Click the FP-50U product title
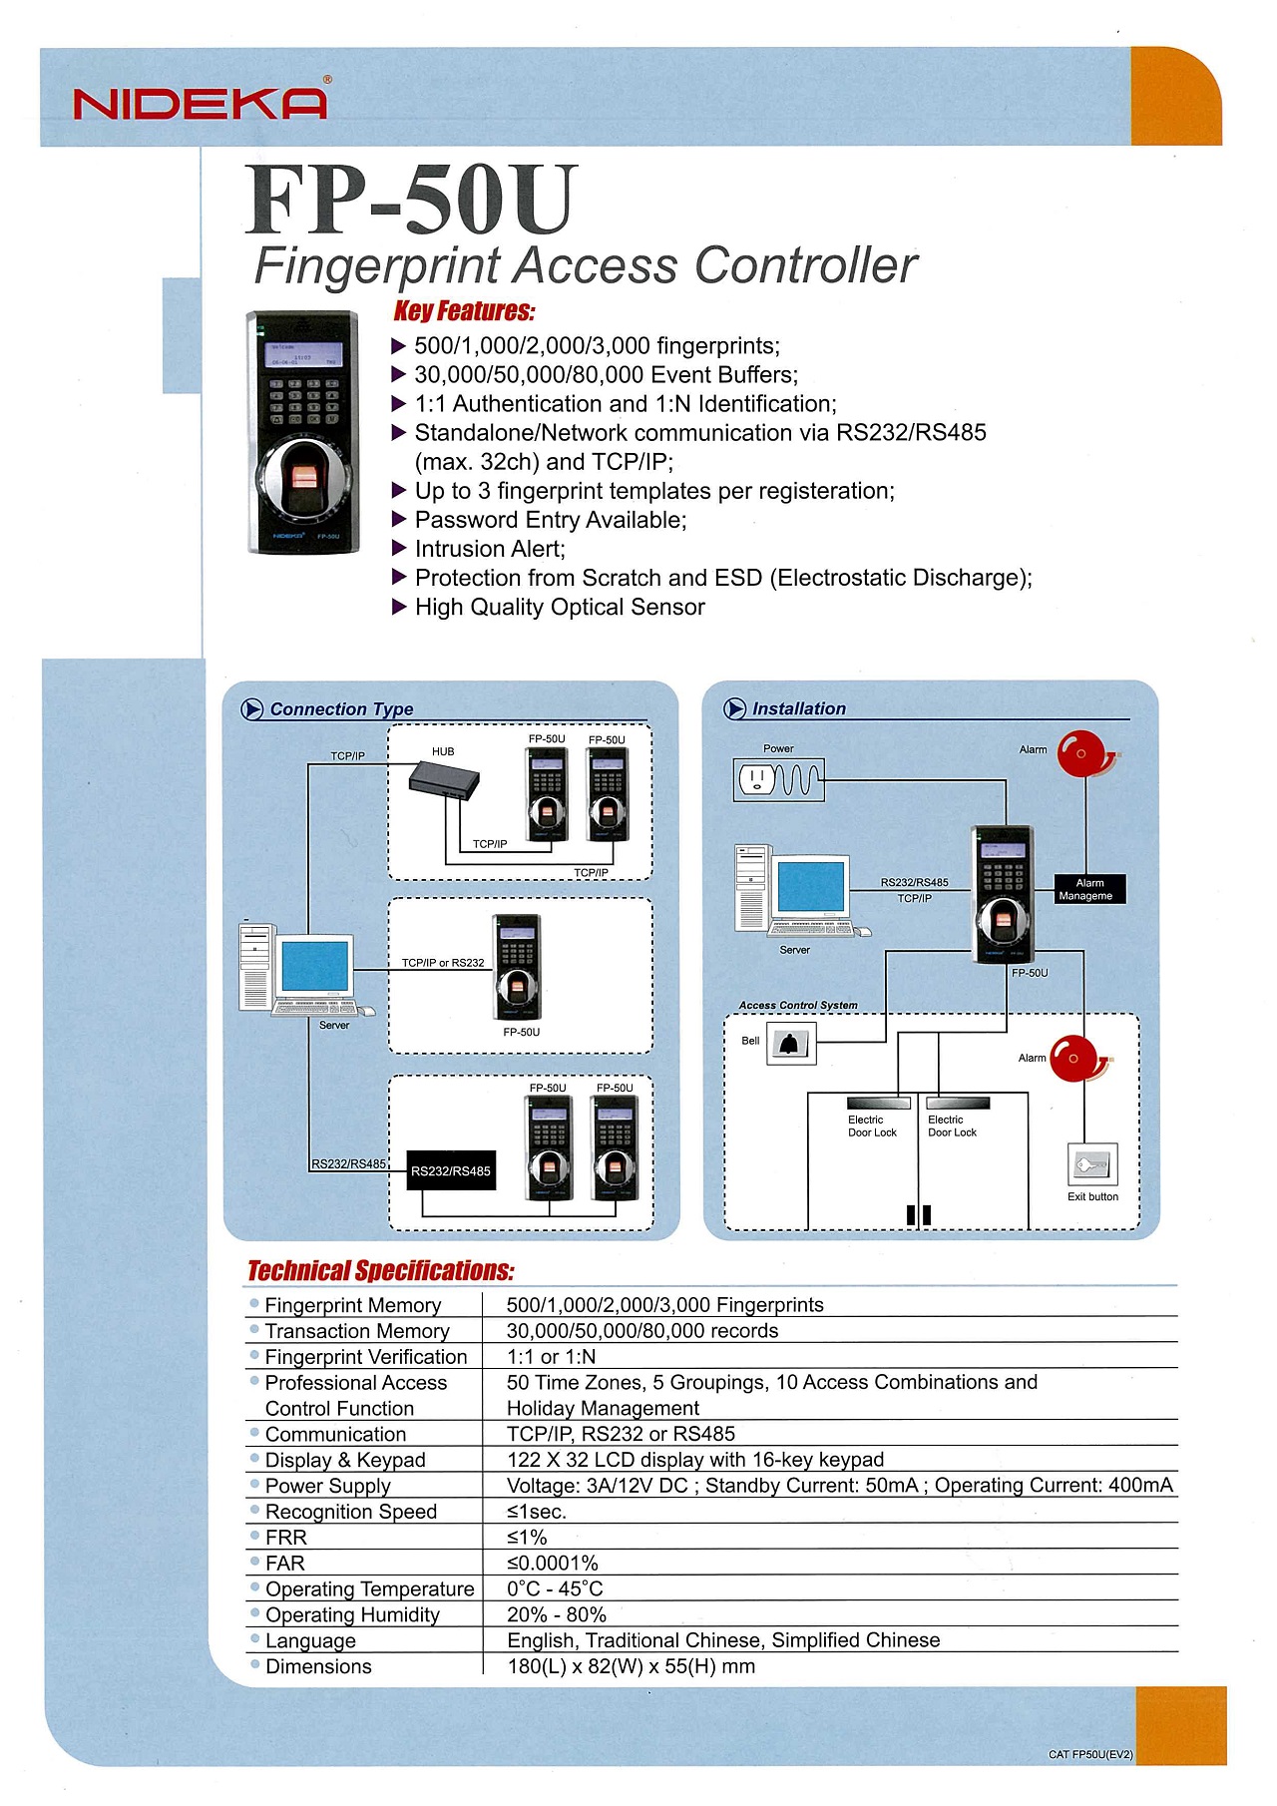tap(412, 199)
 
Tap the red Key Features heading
tap(465, 311)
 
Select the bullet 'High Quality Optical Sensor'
tap(549, 607)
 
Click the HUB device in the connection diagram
tap(444, 779)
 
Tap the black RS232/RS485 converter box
tap(451, 1170)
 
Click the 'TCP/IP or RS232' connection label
tap(443, 963)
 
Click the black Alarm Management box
tap(1090, 889)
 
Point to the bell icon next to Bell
tap(791, 1044)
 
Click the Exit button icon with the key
tap(1092, 1163)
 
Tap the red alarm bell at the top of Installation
tap(1084, 754)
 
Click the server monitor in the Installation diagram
tap(811, 887)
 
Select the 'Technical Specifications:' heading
tap(381, 1270)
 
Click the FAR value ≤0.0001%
tap(553, 1564)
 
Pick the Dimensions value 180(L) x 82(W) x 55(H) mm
tap(632, 1666)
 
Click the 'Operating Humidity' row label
tap(352, 1615)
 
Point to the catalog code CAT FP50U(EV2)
tap(1090, 1754)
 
